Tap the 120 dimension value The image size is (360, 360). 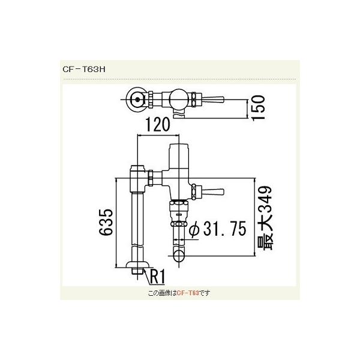click(x=155, y=125)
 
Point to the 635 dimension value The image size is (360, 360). click(x=105, y=224)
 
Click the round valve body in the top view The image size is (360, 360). click(x=178, y=98)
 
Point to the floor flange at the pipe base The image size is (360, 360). click(x=138, y=265)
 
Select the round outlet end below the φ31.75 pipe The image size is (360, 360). click(x=178, y=257)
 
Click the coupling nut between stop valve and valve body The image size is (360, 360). click(x=157, y=178)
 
